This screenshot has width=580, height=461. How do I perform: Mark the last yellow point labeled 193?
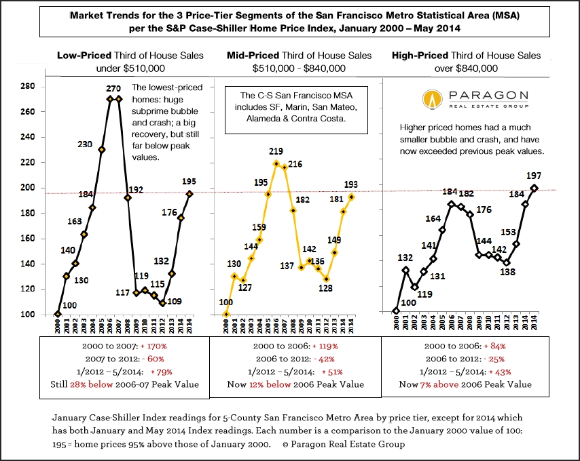[x=352, y=197]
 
